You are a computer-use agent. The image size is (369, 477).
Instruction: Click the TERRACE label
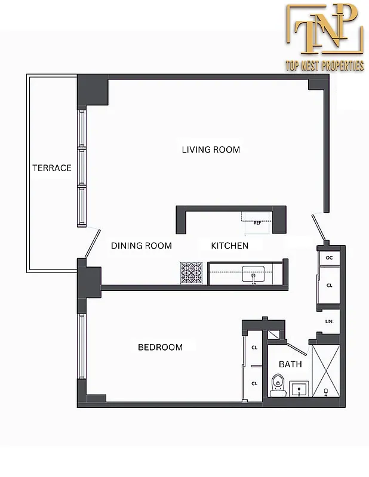pyautogui.click(x=51, y=168)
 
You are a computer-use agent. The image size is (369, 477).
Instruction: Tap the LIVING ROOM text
pyautogui.click(x=211, y=149)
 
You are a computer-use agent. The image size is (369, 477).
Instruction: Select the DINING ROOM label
pyautogui.click(x=142, y=246)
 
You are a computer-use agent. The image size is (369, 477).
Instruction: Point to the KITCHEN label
pyautogui.click(x=229, y=246)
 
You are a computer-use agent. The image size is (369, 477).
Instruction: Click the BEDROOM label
pyautogui.click(x=160, y=347)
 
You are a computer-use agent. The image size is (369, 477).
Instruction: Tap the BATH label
pyautogui.click(x=291, y=364)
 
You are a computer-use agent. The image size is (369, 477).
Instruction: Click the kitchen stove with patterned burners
pyautogui.click(x=193, y=272)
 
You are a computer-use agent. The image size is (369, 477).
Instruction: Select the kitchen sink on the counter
pyautogui.click(x=254, y=275)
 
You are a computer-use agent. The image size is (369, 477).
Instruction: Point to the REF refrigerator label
pyautogui.click(x=257, y=223)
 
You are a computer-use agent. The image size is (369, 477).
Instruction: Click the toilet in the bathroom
pyautogui.click(x=277, y=385)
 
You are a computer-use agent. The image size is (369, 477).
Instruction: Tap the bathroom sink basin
pyautogui.click(x=299, y=390)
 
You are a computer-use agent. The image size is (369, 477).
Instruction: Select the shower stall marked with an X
pyautogui.click(x=325, y=371)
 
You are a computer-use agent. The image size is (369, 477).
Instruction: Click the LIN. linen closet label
pyautogui.click(x=329, y=321)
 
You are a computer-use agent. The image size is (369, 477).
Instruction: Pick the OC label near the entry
pyautogui.click(x=329, y=258)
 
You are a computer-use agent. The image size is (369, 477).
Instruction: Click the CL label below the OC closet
pyautogui.click(x=329, y=286)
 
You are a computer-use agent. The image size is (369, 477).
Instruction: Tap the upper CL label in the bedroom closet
pyautogui.click(x=254, y=347)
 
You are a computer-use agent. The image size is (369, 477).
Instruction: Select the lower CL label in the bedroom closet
pyautogui.click(x=254, y=383)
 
